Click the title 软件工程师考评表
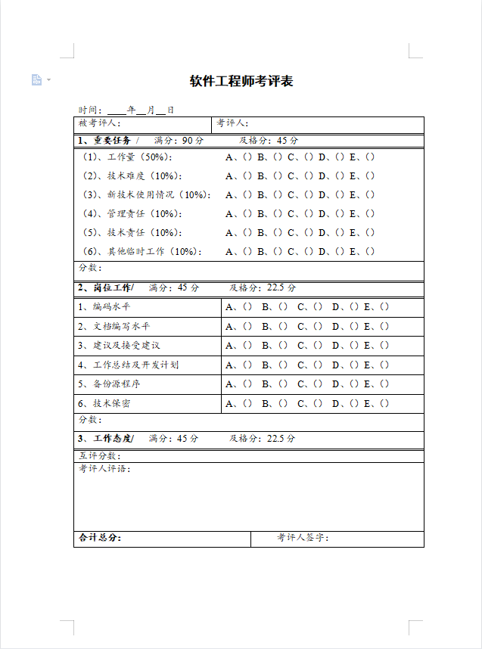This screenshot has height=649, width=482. (241, 81)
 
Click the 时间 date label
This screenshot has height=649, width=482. (89, 110)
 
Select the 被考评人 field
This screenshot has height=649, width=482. (100, 123)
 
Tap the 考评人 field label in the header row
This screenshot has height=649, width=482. (232, 123)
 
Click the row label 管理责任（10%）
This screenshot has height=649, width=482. (129, 213)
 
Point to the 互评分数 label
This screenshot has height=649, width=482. (99, 455)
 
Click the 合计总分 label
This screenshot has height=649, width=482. (99, 538)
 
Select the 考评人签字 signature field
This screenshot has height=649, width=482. (303, 538)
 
